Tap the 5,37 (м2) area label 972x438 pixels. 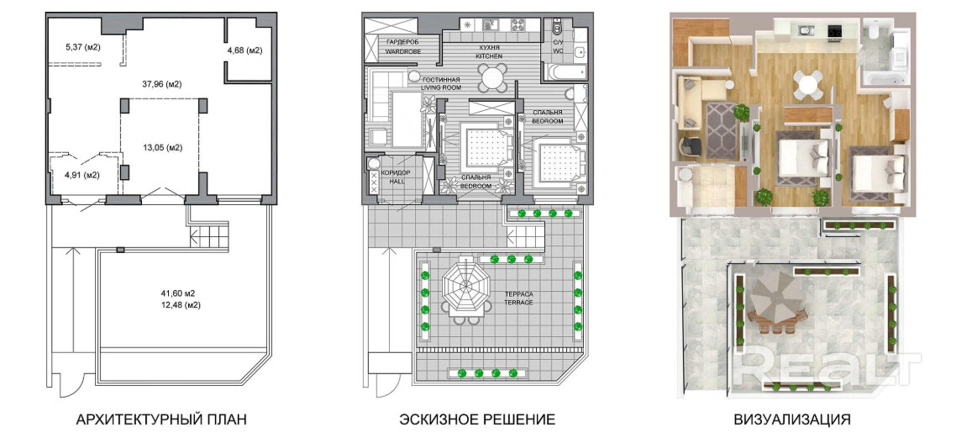82,46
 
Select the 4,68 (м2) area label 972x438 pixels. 244,51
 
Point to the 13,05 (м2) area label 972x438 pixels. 161,148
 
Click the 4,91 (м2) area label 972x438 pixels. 82,175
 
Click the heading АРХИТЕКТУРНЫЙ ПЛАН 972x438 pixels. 160,420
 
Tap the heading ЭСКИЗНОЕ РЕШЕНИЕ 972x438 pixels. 477,420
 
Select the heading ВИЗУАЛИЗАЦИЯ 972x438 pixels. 791,420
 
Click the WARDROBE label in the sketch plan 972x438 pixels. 403,52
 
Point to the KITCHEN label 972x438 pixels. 489,56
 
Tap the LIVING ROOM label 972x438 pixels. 441,88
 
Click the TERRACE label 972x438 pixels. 518,302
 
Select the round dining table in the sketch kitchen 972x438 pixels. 491,77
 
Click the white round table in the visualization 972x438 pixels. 807,83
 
